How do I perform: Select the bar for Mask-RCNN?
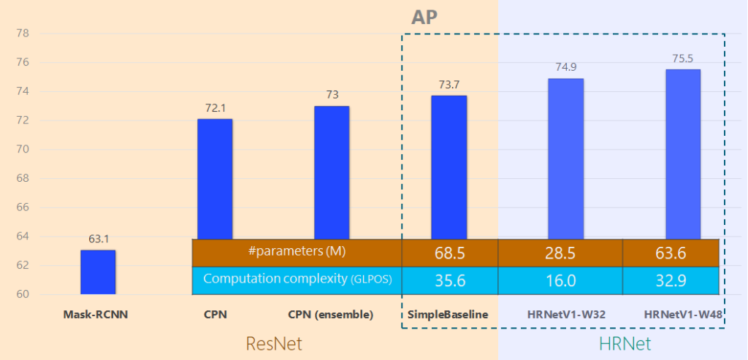pos(97,272)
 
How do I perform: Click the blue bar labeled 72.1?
pos(215,178)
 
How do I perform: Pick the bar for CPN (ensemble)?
pos(332,172)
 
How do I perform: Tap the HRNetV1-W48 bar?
pos(682,153)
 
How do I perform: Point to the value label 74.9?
pos(565,66)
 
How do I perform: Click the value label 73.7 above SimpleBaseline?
pos(449,84)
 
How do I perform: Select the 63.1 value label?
pos(97,239)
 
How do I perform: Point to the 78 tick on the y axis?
pos(22,34)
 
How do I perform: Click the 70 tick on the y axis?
pos(22,150)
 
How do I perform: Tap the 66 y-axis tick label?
pos(22,207)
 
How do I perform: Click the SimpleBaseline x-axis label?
pos(449,315)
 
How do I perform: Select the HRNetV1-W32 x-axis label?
pos(565,315)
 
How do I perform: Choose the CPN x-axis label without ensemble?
pos(215,315)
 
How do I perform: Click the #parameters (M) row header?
pos(297,252)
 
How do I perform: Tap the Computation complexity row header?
pos(297,280)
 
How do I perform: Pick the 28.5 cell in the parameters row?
pos(560,253)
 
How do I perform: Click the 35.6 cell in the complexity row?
pos(450,280)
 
